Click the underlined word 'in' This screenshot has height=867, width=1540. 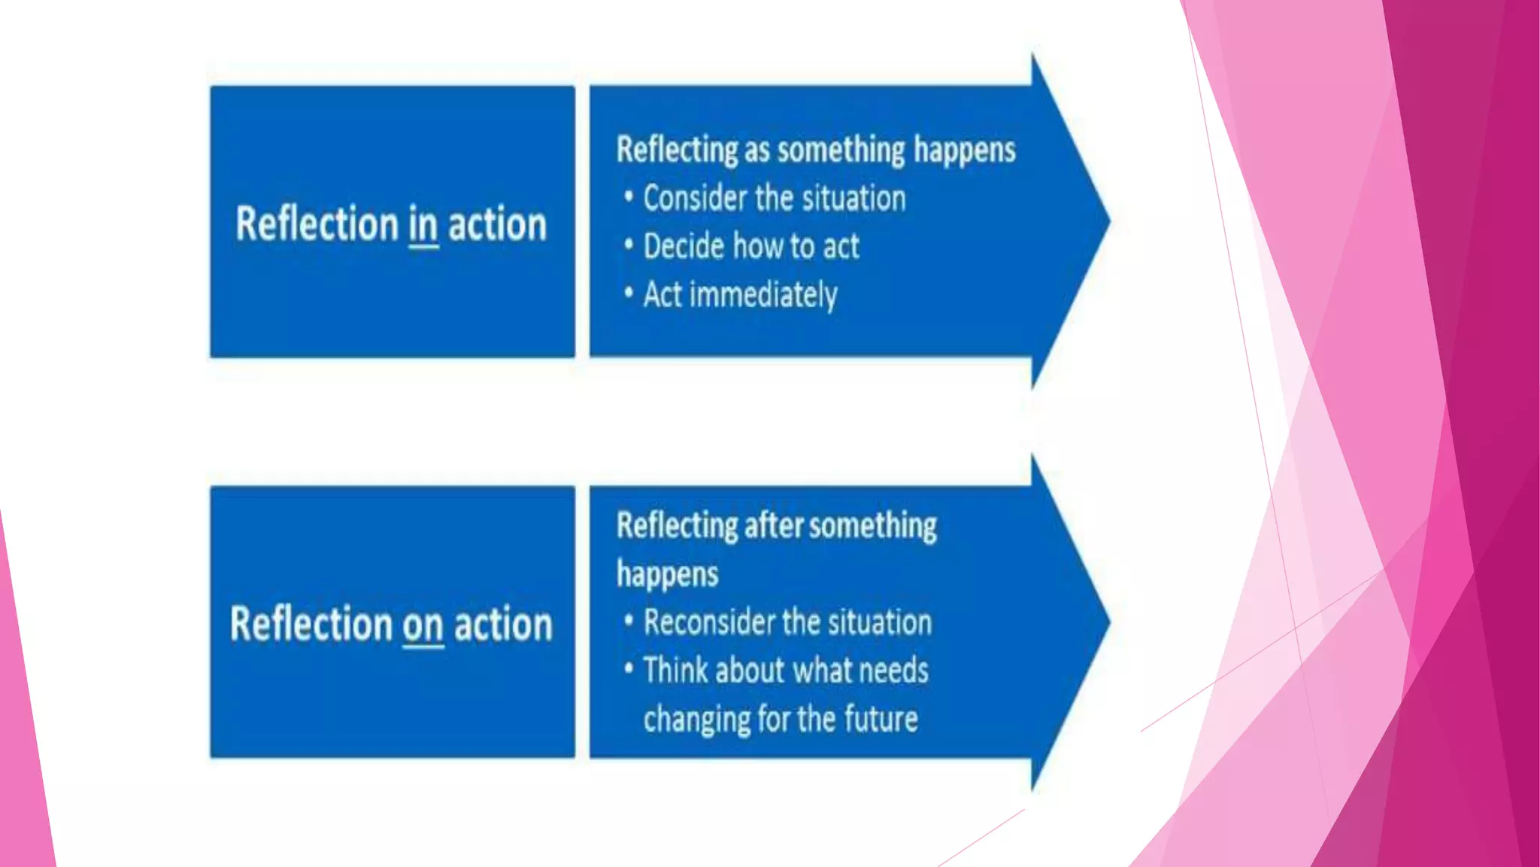tap(423, 225)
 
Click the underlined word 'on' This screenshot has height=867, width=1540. tap(423, 625)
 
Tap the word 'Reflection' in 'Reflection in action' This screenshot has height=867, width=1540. tap(317, 224)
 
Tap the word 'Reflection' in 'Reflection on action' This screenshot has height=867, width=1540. tap(311, 625)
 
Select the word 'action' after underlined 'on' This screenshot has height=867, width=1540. tap(503, 625)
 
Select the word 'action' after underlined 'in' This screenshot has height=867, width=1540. tap(497, 224)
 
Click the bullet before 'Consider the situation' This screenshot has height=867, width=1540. tap(629, 197)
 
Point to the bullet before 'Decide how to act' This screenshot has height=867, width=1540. tap(629, 245)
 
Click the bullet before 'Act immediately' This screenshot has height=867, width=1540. tap(629, 294)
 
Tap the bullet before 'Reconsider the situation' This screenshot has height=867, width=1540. tap(629, 622)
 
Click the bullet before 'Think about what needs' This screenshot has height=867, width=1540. tap(629, 669)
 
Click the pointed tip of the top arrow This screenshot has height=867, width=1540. tap(1108, 221)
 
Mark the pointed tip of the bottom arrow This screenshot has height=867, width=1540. tap(1108, 622)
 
